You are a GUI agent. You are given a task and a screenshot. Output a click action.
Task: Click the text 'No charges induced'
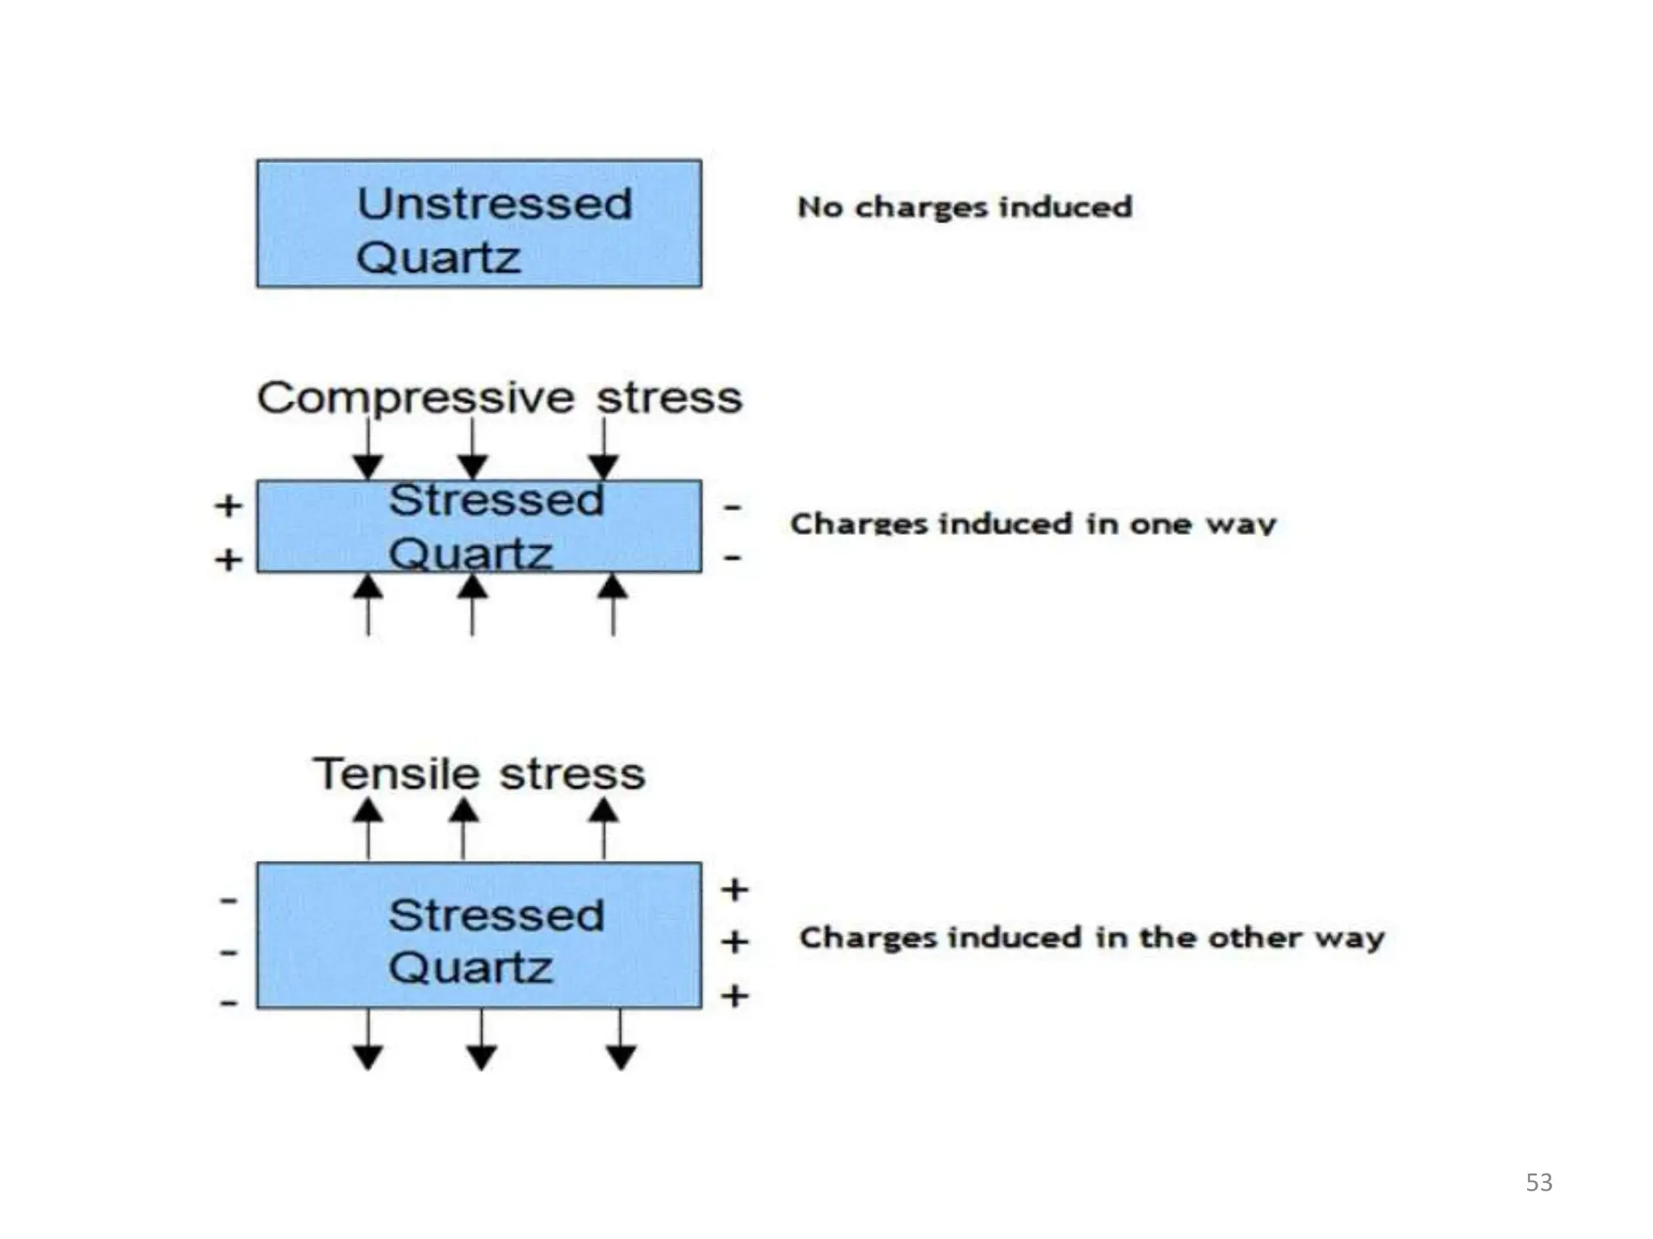tap(965, 207)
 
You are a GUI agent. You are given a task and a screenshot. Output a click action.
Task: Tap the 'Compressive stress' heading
tap(500, 398)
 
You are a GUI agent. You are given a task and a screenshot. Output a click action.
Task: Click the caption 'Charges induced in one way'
tap(1033, 524)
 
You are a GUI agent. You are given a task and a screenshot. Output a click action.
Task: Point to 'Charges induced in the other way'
tap(1092, 938)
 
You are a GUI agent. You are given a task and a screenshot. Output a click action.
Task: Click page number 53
tap(1538, 1183)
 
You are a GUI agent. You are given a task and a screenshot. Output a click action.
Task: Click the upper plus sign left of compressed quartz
tap(228, 506)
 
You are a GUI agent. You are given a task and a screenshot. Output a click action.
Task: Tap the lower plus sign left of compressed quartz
tap(228, 559)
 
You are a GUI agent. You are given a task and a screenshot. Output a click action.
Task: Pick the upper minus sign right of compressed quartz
tap(733, 507)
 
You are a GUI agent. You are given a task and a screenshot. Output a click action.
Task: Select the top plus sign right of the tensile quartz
tap(734, 890)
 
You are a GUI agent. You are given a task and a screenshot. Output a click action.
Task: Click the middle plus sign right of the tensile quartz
tap(734, 941)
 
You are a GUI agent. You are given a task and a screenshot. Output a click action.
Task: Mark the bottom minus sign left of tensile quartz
tap(229, 1003)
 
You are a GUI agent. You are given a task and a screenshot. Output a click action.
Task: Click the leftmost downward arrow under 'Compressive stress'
tap(368, 452)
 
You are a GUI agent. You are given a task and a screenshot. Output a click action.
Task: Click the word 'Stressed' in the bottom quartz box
tap(496, 916)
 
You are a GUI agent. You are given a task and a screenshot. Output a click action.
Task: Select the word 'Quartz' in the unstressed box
tap(438, 258)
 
